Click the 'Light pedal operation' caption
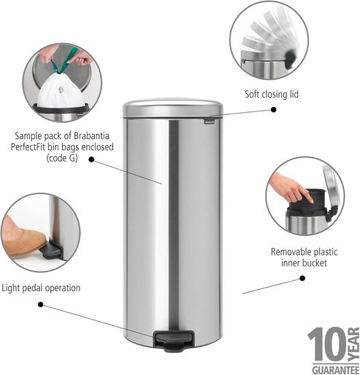tap(41, 288)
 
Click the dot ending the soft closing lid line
tap(274, 108)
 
